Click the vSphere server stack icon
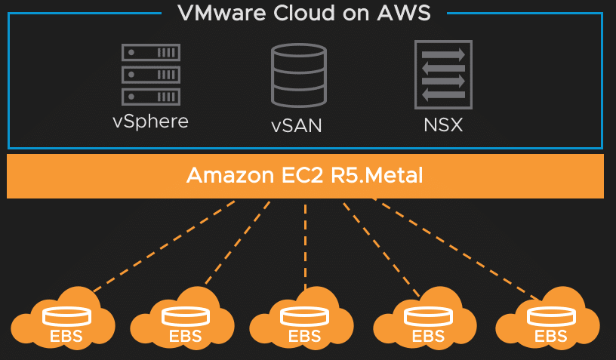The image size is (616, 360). click(x=151, y=75)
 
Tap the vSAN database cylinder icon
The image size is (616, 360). click(x=299, y=75)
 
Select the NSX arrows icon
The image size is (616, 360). click(x=444, y=75)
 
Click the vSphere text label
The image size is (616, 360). click(x=150, y=122)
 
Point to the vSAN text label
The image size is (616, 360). click(x=297, y=125)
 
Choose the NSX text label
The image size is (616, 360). click(x=443, y=125)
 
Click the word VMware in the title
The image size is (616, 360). click(x=222, y=13)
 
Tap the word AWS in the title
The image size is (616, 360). click(x=404, y=13)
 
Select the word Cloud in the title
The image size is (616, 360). click(x=304, y=13)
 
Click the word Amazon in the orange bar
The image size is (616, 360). click(x=230, y=175)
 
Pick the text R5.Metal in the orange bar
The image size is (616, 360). click(x=377, y=175)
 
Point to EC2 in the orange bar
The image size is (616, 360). click(x=303, y=175)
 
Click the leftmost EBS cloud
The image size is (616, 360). click(x=63, y=318)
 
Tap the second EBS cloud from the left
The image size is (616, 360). click(x=183, y=318)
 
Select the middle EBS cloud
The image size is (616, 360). click(x=302, y=318)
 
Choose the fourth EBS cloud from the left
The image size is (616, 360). click(x=425, y=318)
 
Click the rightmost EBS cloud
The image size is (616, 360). click(x=548, y=318)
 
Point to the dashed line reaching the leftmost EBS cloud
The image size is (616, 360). click(x=165, y=246)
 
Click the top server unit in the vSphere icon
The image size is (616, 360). click(x=151, y=52)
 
